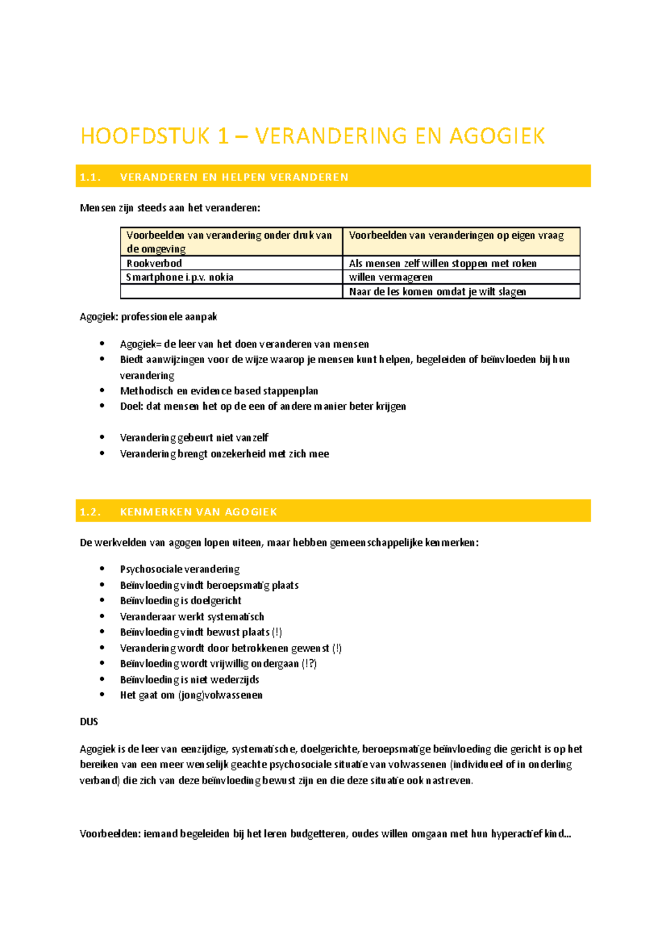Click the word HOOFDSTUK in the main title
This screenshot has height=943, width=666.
click(145, 136)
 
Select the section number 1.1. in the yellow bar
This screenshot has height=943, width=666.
click(90, 177)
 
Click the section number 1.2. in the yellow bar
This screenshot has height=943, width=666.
click(90, 512)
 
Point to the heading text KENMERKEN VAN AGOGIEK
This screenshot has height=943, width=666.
click(198, 512)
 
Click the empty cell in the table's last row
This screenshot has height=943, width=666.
click(231, 292)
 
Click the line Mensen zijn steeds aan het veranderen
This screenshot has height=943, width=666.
click(170, 208)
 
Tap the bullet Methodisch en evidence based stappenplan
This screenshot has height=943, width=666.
click(219, 391)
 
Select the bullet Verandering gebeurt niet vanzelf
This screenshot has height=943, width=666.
click(194, 438)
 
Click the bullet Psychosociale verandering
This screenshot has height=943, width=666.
click(180, 569)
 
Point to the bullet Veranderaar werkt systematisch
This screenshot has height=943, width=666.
click(192, 616)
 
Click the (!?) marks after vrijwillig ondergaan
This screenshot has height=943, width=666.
click(309, 664)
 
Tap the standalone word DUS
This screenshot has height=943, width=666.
click(89, 722)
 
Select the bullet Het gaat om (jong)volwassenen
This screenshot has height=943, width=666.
click(191, 695)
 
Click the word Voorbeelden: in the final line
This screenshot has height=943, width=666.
click(110, 834)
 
